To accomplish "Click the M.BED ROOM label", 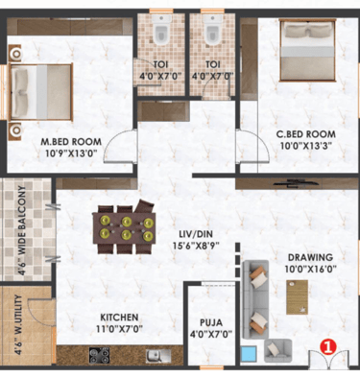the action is coord(71,141).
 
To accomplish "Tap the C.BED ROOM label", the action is coord(306,133).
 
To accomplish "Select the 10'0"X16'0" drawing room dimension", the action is coord(310,270).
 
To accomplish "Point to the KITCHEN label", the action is coord(119,318).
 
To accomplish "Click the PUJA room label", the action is coord(211,322).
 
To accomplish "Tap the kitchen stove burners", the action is coord(100,355).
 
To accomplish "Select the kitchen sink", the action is coord(158,356).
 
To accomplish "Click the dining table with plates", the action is coord(124,228).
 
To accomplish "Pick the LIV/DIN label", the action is coord(196,234).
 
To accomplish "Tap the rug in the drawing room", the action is coord(298,297).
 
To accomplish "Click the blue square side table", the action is coord(249,353).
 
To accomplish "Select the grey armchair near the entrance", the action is coord(277,350).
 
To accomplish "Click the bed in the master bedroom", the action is coord(40,92).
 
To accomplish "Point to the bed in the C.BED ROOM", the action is coord(307,50).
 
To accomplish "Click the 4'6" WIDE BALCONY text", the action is coord(22,229).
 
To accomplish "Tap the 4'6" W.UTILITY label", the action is coord(19,324).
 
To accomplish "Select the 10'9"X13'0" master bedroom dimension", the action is coord(71,153).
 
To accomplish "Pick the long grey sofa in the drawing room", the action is coord(255,299).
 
